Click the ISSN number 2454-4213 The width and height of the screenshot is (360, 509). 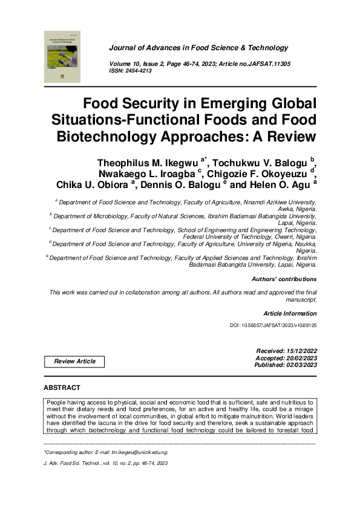(139, 71)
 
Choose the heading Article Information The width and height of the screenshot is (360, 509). (290, 313)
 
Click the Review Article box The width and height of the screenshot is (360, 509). (74, 361)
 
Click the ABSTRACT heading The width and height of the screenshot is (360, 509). (62, 387)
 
